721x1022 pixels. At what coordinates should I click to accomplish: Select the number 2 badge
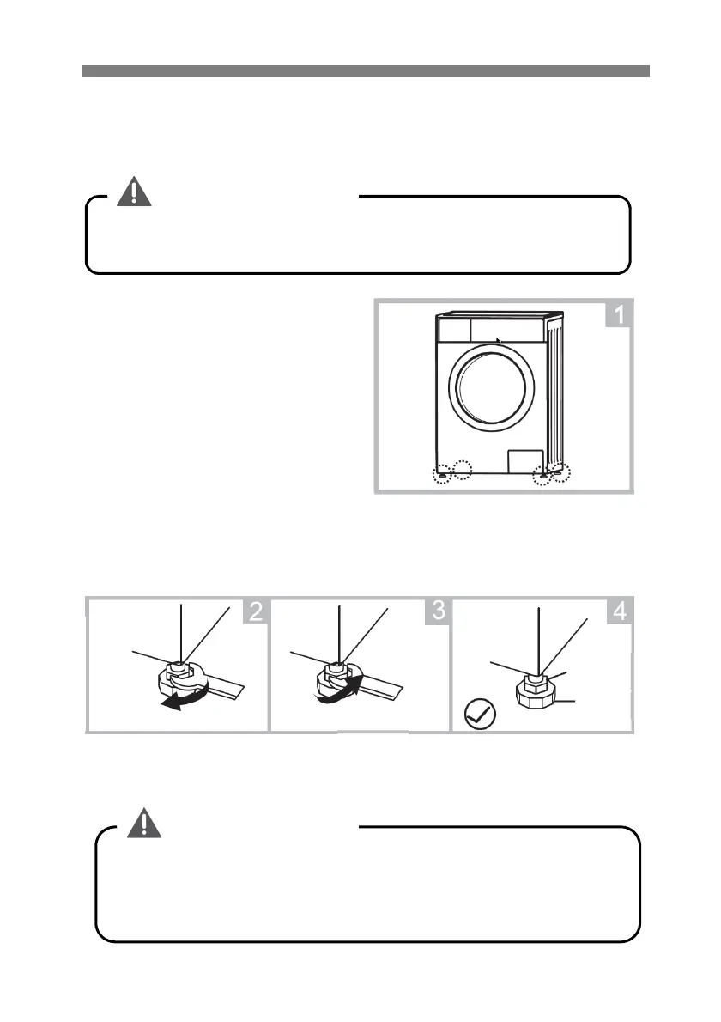tap(254, 611)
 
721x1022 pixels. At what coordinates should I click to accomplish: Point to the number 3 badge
tap(437, 611)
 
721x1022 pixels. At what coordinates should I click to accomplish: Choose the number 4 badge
tap(619, 611)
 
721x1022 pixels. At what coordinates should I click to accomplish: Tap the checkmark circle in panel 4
tap(477, 715)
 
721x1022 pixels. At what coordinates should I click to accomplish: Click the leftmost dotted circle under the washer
tap(441, 474)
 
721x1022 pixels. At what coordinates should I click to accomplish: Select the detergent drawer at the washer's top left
tap(453, 330)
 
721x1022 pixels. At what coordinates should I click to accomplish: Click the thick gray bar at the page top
tap(366, 71)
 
